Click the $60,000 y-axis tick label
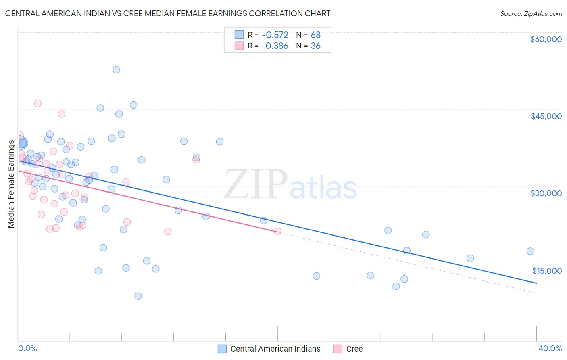point(546,39)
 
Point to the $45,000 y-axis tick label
point(546,116)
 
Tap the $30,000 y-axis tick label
point(546,193)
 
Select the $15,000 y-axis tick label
point(546,271)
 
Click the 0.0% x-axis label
point(27,348)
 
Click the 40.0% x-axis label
point(550,348)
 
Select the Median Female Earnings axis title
point(11,184)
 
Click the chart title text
point(168,13)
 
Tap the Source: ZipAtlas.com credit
point(531,13)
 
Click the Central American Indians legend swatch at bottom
point(222,349)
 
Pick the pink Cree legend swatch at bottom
point(338,349)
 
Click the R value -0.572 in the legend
point(275,35)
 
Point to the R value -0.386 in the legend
point(275,46)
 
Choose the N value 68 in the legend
point(315,35)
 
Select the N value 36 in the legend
point(315,46)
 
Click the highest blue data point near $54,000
point(116,69)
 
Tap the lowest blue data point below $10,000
point(138,296)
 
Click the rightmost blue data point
point(530,251)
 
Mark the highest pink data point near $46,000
point(38,103)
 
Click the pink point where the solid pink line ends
point(277,232)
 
